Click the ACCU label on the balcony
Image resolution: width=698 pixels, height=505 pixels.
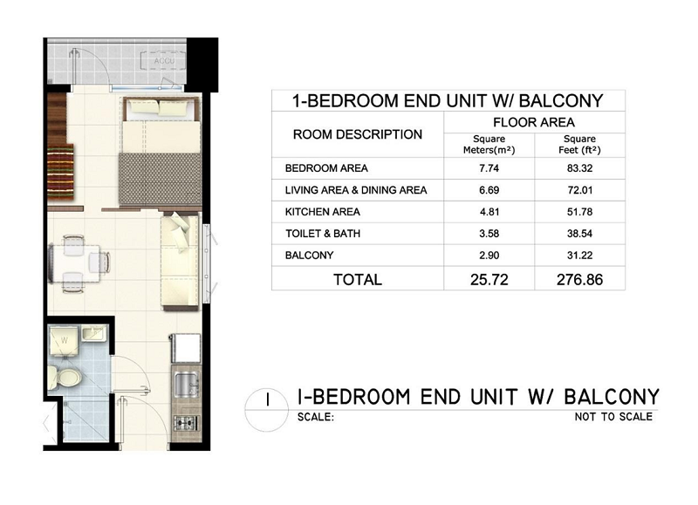coord(164,60)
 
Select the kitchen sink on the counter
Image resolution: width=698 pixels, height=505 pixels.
coord(187,386)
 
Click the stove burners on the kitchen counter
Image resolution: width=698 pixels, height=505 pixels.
coord(185,423)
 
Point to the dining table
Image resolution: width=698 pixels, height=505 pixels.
coord(75,263)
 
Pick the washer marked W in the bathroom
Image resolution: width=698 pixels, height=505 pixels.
coord(64,341)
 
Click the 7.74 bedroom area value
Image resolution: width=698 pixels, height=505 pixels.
coord(489,168)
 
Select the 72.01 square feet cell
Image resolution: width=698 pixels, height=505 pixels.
coord(579,190)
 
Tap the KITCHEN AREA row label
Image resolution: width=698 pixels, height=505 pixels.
coord(322,212)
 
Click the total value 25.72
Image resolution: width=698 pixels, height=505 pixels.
coord(489,279)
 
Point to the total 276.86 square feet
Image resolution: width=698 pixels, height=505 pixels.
coord(579,279)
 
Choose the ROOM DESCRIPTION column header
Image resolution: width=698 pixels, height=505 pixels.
coord(358,134)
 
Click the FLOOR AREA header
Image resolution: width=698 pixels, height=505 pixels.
coord(534,122)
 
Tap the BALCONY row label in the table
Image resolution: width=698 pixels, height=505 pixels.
coord(310,256)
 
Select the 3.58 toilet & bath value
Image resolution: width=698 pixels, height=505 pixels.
coord(489,234)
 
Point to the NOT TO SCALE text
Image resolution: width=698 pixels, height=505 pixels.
coord(613,417)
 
